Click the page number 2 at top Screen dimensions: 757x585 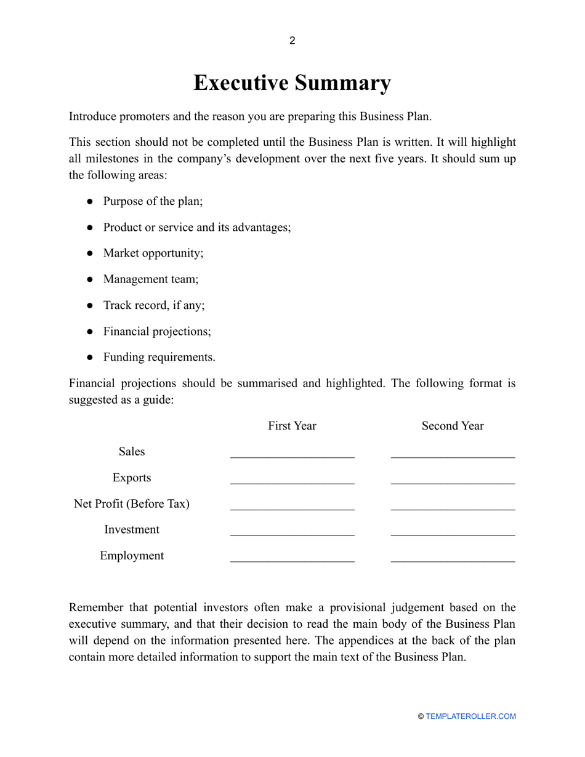pyautogui.click(x=292, y=41)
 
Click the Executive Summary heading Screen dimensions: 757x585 pyautogui.click(x=292, y=82)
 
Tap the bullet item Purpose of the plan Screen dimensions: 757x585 pyautogui.click(x=153, y=201)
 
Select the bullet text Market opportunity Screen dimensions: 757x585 pyautogui.click(x=153, y=253)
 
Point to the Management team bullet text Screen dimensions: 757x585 pyautogui.click(x=150, y=279)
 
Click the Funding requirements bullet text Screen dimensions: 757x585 pyautogui.click(x=159, y=357)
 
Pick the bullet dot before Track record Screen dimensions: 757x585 pyautogui.click(x=90, y=305)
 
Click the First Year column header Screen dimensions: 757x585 pyautogui.click(x=292, y=426)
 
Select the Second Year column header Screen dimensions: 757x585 pyautogui.click(x=453, y=426)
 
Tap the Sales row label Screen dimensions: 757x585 pyautogui.click(x=132, y=452)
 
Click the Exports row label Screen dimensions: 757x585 pyautogui.click(x=132, y=478)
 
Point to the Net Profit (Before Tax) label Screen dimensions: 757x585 pyautogui.click(x=132, y=504)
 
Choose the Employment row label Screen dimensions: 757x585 pyautogui.click(x=132, y=556)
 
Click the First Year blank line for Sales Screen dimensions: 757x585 pyautogui.click(x=292, y=457)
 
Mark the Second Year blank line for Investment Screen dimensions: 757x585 pyautogui.click(x=453, y=534)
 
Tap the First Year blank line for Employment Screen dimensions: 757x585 pyautogui.click(x=292, y=561)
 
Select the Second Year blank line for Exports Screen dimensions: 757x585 pyautogui.click(x=453, y=483)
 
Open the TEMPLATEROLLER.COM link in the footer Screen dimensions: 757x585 pyautogui.click(x=470, y=716)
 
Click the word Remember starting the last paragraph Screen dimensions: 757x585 pyautogui.click(x=96, y=608)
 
